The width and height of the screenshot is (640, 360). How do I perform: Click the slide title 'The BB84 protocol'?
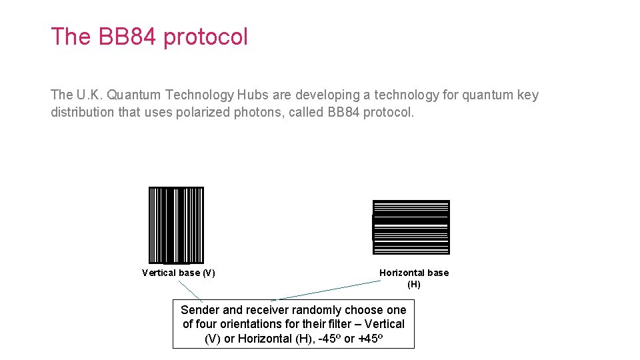pyautogui.click(x=149, y=37)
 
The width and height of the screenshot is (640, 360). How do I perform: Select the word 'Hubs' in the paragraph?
pyautogui.click(x=252, y=95)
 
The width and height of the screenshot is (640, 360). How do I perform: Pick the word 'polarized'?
pyautogui.click(x=203, y=112)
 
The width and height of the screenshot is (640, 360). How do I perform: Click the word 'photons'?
pyautogui.click(x=257, y=112)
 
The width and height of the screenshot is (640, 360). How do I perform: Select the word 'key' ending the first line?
pyautogui.click(x=527, y=95)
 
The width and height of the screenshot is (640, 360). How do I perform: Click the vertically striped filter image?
pyautogui.click(x=176, y=225)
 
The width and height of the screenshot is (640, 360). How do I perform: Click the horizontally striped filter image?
pyautogui.click(x=411, y=227)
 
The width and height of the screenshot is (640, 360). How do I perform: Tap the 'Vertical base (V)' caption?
pyautogui.click(x=178, y=273)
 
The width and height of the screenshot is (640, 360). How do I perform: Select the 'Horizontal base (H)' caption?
pyautogui.click(x=414, y=278)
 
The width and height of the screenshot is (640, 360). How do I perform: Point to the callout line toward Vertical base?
pyautogui.click(x=191, y=290)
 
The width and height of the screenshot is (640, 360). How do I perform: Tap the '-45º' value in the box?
pyautogui.click(x=325, y=338)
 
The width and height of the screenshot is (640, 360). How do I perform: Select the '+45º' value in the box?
pyautogui.click(x=370, y=338)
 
